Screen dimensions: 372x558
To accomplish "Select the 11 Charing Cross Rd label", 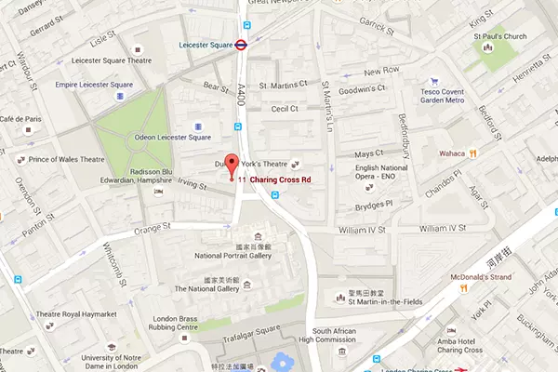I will (274, 179).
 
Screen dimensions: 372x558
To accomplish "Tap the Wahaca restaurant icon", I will (473, 152).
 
